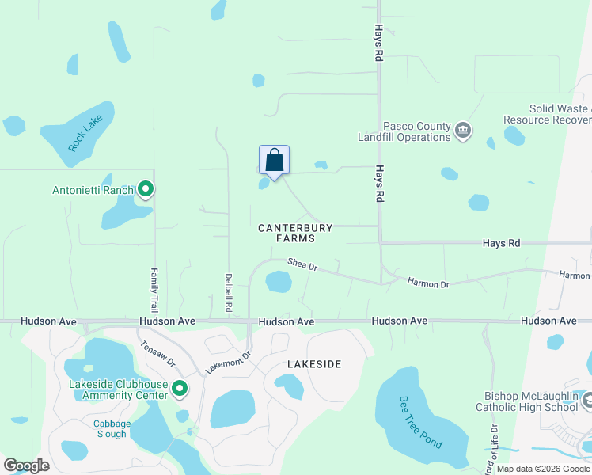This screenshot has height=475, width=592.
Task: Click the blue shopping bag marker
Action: [274, 161]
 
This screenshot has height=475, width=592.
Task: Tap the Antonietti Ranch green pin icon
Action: [146, 189]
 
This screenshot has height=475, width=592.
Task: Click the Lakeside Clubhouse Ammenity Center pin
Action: [180, 389]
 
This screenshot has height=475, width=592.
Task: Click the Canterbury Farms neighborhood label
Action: [296, 233]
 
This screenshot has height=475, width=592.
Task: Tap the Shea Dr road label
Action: [302, 265]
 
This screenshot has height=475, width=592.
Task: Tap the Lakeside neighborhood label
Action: [314, 364]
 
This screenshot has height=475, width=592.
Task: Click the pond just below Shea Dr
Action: [279, 282]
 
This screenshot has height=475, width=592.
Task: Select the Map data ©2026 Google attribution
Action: [543, 469]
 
